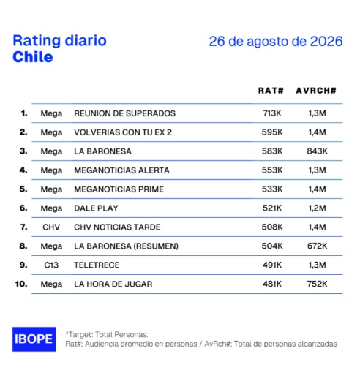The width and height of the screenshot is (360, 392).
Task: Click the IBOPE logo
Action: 34,339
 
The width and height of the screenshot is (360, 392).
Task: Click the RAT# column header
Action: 271,91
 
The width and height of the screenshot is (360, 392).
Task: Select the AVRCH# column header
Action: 316,91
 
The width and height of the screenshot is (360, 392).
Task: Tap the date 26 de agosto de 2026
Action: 276,41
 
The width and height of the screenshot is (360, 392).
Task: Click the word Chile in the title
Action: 33,57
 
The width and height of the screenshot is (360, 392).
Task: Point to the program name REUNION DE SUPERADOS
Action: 125,113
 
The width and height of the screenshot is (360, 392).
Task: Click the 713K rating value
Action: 272,113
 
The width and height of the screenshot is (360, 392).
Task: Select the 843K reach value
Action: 318,151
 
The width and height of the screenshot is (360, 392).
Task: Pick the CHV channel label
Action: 51,227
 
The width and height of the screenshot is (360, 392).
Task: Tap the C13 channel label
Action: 51,265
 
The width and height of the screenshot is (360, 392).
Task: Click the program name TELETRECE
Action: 97,265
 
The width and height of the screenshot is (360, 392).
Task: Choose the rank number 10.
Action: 21,284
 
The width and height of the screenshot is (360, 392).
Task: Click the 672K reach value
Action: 318,246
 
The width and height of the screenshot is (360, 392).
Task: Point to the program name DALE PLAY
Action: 96,208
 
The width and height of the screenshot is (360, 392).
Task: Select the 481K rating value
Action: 272,284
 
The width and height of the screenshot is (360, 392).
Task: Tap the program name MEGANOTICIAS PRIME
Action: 119,189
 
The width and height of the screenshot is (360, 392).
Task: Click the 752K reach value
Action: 318,284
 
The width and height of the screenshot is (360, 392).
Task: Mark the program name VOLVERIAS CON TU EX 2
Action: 123,132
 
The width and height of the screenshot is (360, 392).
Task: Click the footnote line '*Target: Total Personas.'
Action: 107,334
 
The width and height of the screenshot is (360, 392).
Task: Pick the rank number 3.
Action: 23,151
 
